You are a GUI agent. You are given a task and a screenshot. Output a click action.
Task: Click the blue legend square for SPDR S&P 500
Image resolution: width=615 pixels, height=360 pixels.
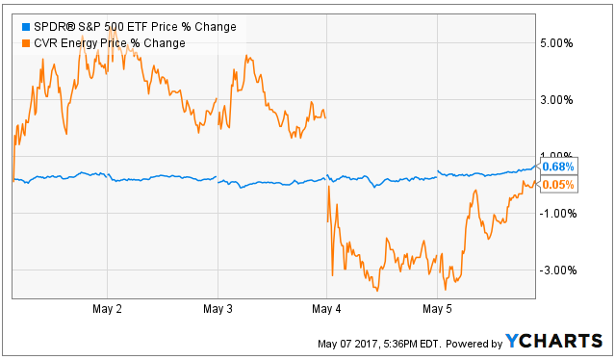pyautogui.click(x=26, y=27)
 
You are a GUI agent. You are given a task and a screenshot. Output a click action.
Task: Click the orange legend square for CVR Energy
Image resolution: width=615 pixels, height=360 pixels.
pyautogui.click(x=26, y=43)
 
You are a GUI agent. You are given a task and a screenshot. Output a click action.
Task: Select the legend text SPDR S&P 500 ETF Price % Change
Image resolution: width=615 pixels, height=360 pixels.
pyautogui.click(x=136, y=27)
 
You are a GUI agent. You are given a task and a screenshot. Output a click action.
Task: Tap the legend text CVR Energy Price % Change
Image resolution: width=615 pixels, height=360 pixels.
pyautogui.click(x=110, y=43)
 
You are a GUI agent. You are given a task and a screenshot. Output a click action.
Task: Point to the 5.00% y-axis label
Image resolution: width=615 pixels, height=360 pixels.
pyautogui.click(x=556, y=43)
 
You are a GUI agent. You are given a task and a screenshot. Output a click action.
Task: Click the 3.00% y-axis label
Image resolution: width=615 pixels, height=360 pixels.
pyautogui.click(x=556, y=100)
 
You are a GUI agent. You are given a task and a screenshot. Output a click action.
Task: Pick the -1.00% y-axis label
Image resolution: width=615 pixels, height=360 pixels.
pyautogui.click(x=558, y=214)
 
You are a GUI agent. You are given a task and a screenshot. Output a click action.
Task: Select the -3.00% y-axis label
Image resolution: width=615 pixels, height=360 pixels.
pyautogui.click(x=558, y=270)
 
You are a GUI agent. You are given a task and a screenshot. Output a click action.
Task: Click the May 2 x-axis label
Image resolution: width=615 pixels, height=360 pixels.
pyautogui.click(x=107, y=309)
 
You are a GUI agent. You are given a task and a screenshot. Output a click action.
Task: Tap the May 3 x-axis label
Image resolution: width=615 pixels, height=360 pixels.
pyautogui.click(x=218, y=309)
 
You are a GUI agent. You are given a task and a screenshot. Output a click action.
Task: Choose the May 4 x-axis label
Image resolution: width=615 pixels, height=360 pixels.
pyautogui.click(x=326, y=309)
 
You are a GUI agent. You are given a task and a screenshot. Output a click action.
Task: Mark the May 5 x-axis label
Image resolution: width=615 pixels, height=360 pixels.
pyautogui.click(x=437, y=309)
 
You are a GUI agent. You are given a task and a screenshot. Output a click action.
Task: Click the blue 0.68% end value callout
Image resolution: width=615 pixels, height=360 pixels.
pyautogui.click(x=557, y=167)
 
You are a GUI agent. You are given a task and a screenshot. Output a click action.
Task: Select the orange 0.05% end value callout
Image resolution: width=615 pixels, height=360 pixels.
pyautogui.click(x=557, y=185)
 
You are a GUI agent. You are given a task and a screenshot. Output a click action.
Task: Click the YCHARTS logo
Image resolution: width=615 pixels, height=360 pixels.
pyautogui.click(x=553, y=341)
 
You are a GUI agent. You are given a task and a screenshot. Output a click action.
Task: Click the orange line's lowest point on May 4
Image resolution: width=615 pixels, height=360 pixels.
pyautogui.click(x=377, y=291)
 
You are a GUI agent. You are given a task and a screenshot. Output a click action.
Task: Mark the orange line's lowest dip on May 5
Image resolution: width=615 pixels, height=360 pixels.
pyautogui.click(x=446, y=290)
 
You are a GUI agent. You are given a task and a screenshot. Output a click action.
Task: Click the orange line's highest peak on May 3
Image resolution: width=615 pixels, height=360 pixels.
pyautogui.click(x=246, y=55)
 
